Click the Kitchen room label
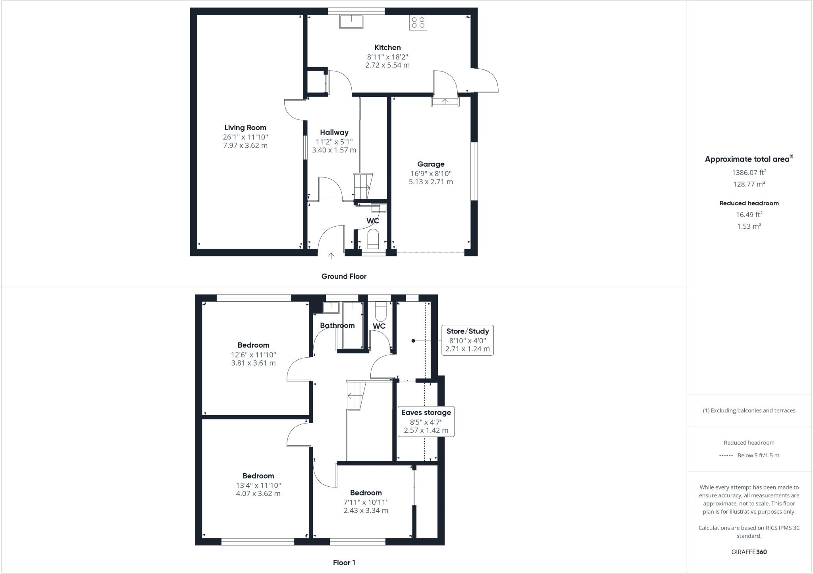click(387, 48)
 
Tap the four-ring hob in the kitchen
click(418, 23)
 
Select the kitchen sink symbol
click(351, 21)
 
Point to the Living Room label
click(245, 127)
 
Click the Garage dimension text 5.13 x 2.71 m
click(431, 182)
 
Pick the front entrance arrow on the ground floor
click(331, 256)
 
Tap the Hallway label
click(334, 133)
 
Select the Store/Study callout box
click(467, 340)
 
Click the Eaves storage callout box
click(426, 421)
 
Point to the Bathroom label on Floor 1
click(337, 326)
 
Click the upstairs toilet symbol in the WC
click(380, 311)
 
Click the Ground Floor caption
click(344, 276)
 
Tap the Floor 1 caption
click(344, 562)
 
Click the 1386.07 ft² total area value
click(749, 172)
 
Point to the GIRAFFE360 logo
click(749, 552)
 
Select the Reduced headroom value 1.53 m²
click(749, 226)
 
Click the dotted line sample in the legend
click(726, 456)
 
